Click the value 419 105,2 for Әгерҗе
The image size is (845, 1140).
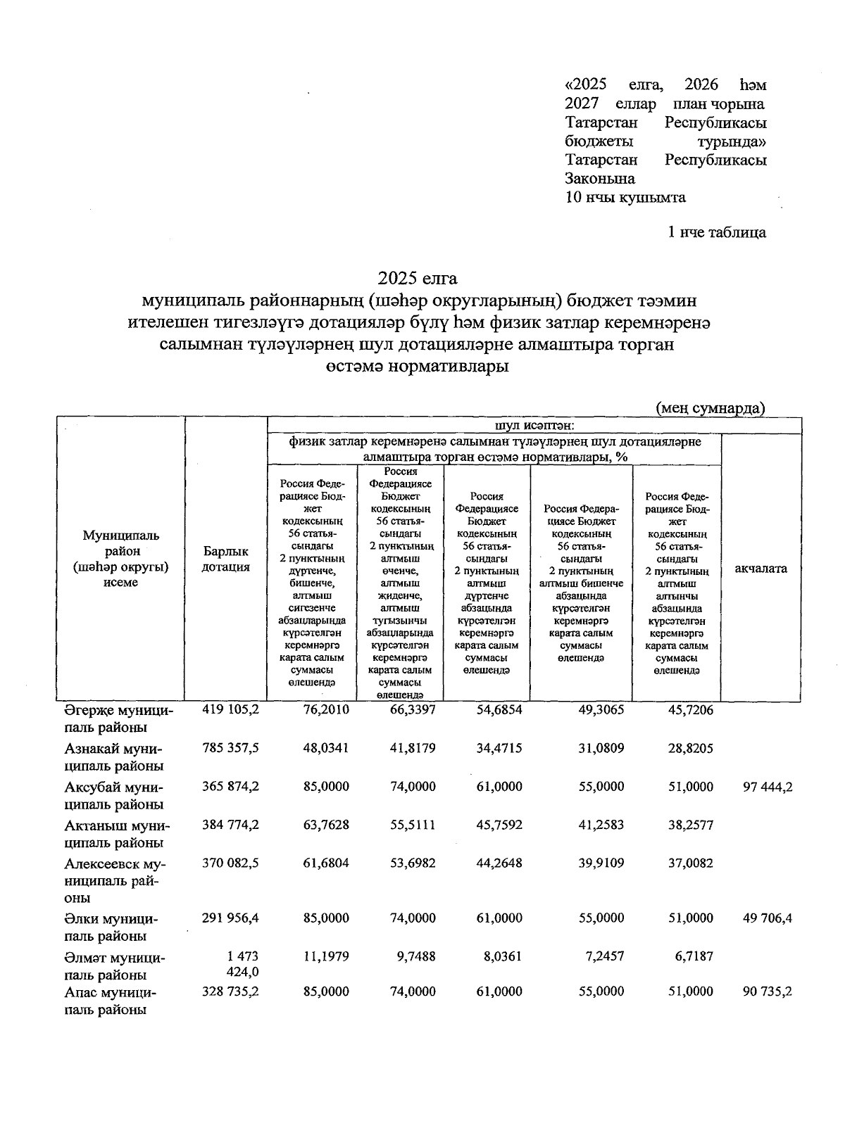(x=230, y=710)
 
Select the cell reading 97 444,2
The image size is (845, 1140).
(x=767, y=786)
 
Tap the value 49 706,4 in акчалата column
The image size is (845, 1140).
(x=767, y=918)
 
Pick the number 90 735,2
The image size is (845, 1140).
(x=767, y=991)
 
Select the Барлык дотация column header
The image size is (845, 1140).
(x=225, y=559)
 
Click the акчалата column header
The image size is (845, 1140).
(x=760, y=569)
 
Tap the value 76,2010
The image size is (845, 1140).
(x=325, y=710)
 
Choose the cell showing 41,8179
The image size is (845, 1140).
(x=413, y=748)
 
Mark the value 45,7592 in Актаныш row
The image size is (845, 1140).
(x=499, y=824)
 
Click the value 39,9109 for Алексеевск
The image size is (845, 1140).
(x=601, y=862)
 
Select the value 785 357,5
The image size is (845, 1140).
(x=230, y=748)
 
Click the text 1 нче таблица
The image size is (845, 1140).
(x=717, y=232)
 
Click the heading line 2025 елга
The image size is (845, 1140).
(x=418, y=277)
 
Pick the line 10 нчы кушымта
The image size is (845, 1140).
(x=625, y=198)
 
